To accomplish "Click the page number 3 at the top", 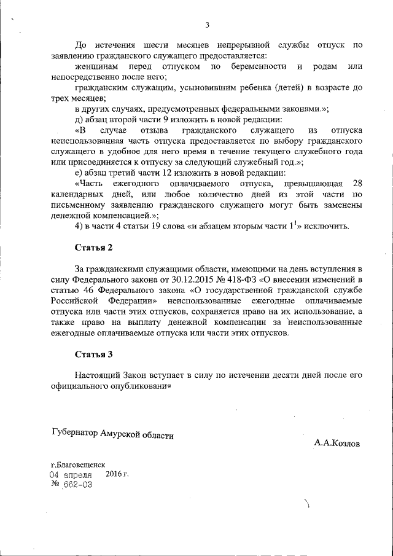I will [207, 25].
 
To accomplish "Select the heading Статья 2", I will [94, 248].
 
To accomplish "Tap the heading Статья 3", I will [94, 354].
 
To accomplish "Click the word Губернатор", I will [76, 434].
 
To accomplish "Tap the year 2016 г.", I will [117, 474].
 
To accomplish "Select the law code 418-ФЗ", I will [243, 281].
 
